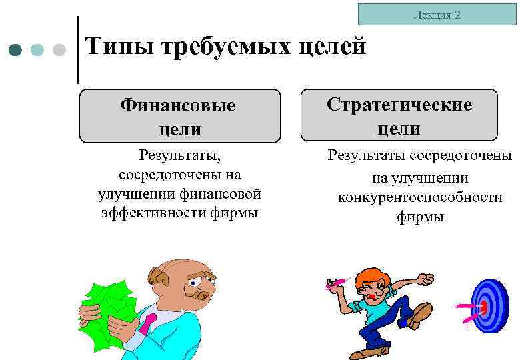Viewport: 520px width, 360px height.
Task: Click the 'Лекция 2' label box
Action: pos(437,14)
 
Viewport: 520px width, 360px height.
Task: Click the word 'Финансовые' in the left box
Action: pos(178,105)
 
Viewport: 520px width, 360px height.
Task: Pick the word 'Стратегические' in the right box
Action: pos(399,105)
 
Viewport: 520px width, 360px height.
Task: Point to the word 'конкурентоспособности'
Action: pos(420,197)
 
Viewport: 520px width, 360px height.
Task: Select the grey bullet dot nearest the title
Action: pos(59,50)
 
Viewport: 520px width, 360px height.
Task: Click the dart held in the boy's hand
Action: pos(336,283)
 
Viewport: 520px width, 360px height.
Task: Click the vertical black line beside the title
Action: pos(79,50)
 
